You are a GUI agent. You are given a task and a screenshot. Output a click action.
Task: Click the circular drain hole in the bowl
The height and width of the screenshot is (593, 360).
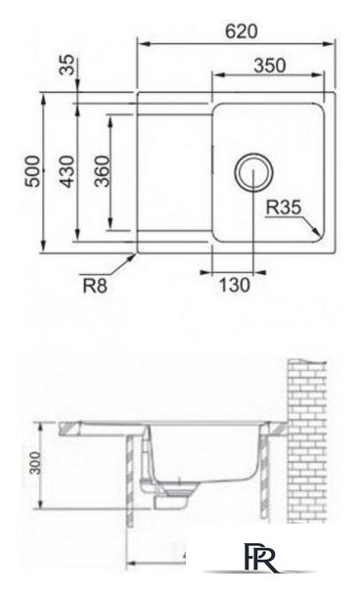coord(251,172)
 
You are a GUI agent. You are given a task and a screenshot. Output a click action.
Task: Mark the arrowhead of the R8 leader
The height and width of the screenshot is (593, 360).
coord(136,252)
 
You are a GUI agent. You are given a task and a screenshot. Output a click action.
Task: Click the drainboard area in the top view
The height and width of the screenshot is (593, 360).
coord(172,173)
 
